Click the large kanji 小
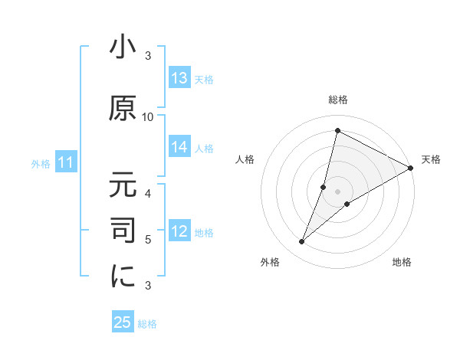coord(123,49)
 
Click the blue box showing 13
coord(179,79)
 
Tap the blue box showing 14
coord(179,147)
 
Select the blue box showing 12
coord(179,231)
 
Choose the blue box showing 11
coord(66,162)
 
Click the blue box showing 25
coord(123,322)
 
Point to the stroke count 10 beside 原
coord(148,116)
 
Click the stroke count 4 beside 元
coord(148,193)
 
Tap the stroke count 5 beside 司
coord(148,240)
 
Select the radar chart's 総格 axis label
coord(337,100)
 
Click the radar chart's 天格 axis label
coord(431,159)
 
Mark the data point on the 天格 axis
coord(411,168)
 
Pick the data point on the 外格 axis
coord(301,242)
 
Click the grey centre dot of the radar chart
coord(337,191)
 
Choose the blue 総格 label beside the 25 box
coord(147,324)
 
